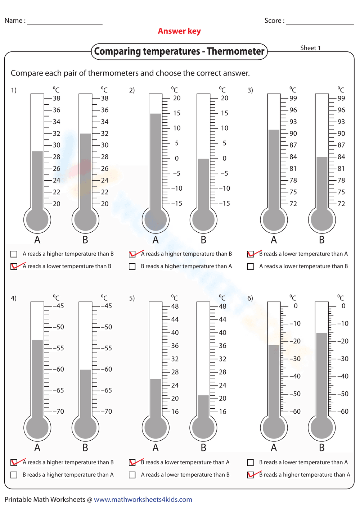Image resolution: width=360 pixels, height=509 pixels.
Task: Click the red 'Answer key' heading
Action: click(179, 31)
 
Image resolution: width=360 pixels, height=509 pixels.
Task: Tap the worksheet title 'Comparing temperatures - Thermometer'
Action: click(179, 51)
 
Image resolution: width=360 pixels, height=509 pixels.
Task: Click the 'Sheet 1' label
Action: click(310, 48)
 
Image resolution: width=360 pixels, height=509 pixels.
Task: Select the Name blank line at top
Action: click(65, 24)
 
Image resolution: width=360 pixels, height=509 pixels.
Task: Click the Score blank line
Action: click(320, 24)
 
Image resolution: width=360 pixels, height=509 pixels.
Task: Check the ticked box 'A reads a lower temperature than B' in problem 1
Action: click(14, 267)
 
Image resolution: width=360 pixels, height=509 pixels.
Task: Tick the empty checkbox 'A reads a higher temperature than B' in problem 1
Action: click(14, 254)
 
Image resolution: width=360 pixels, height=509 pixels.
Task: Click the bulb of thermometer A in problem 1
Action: click(37, 219)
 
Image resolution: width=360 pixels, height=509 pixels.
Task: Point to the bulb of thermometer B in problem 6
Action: click(322, 427)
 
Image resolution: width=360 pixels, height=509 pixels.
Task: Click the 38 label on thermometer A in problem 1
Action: click(57, 98)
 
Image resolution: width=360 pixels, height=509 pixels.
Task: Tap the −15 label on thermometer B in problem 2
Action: click(225, 204)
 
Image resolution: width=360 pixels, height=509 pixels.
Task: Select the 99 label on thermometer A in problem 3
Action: click(293, 98)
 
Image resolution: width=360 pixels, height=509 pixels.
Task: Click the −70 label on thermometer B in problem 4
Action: click(106, 412)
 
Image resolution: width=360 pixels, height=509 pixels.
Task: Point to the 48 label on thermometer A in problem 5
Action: click(175, 306)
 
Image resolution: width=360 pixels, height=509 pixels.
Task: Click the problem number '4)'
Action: click(14, 298)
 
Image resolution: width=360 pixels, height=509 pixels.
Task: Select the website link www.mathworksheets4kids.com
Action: click(143, 499)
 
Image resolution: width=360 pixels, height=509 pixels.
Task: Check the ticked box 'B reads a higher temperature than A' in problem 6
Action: click(251, 475)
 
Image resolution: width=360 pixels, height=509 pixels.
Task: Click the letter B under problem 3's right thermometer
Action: click(322, 240)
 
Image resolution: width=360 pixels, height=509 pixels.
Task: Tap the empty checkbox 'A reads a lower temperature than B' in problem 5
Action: click(132, 475)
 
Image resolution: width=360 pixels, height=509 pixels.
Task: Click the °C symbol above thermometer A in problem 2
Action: click(175, 90)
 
